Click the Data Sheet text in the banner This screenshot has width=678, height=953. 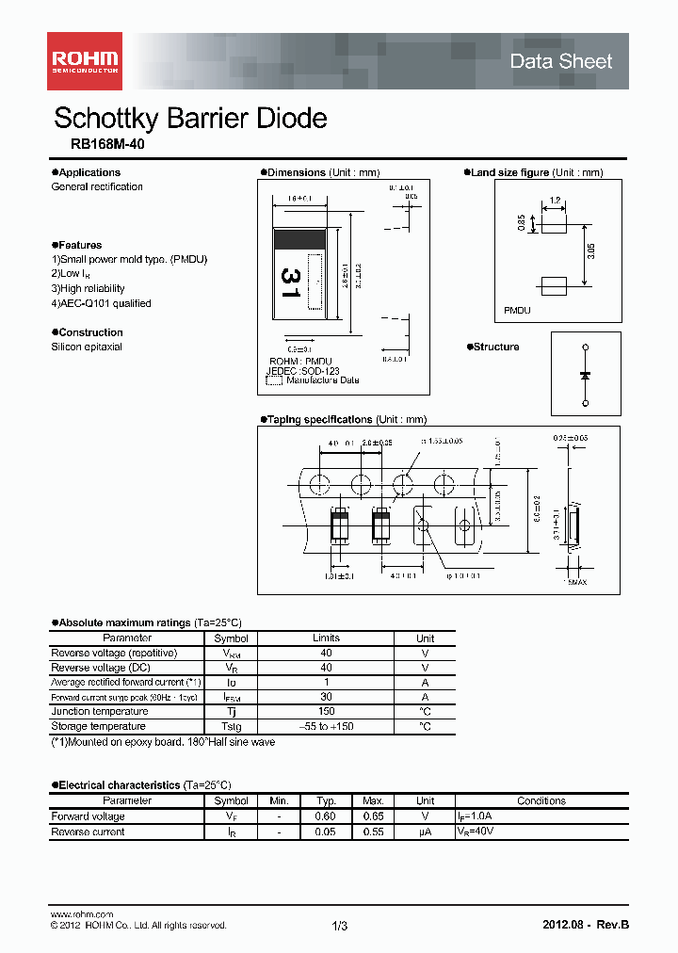click(x=560, y=62)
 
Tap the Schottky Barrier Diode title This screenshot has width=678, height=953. click(x=190, y=118)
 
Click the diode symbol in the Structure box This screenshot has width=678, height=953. click(x=586, y=375)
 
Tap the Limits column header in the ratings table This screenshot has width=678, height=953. click(x=326, y=638)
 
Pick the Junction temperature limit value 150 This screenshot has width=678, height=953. click(x=326, y=712)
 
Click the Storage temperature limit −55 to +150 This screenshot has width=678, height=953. click(x=326, y=727)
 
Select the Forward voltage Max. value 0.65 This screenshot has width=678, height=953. click(x=374, y=816)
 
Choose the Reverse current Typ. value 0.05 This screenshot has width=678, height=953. click(x=326, y=832)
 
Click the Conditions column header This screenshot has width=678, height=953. click(x=541, y=801)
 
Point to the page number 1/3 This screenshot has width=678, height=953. click(x=340, y=927)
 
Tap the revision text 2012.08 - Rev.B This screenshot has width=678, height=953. click(x=586, y=925)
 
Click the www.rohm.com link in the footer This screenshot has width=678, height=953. click(x=81, y=914)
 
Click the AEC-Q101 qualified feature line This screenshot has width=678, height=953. click(x=101, y=303)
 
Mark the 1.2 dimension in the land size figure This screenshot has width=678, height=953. click(x=555, y=201)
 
